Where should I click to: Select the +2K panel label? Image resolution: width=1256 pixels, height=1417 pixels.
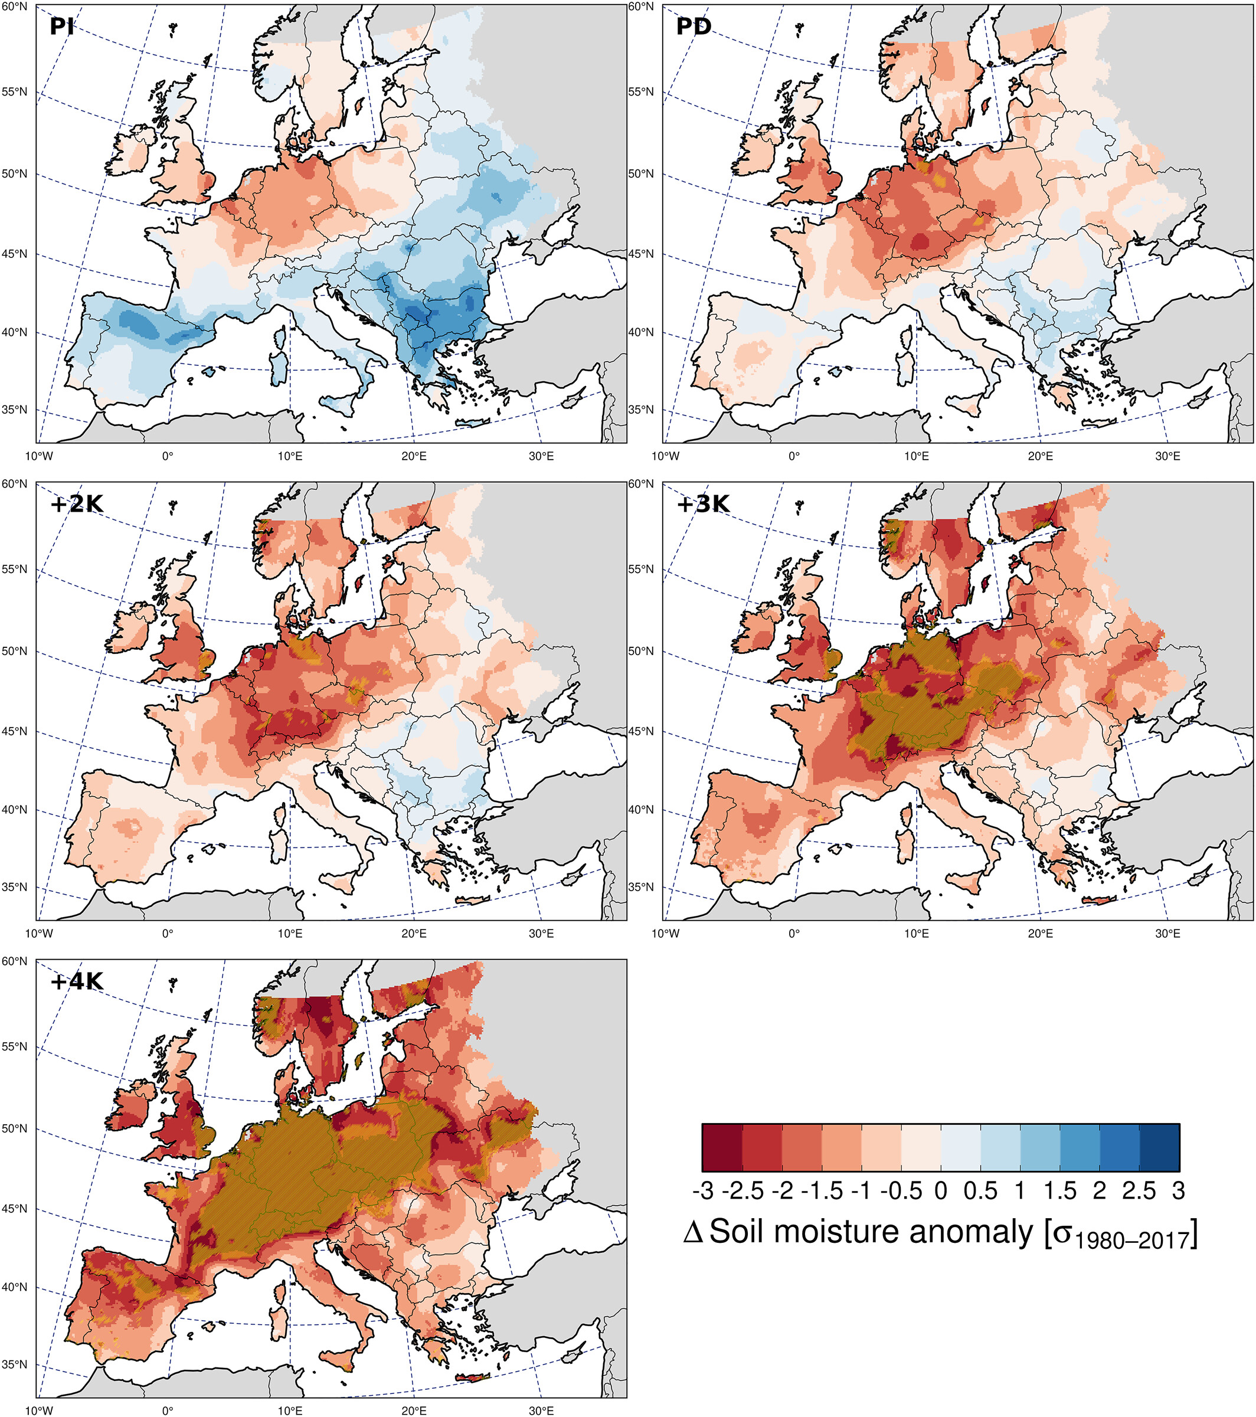(76, 504)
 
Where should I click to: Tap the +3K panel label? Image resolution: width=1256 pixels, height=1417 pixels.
(703, 504)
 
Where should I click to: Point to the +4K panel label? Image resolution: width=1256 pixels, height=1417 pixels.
(76, 981)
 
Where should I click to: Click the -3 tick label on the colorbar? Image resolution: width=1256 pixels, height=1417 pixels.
(703, 1191)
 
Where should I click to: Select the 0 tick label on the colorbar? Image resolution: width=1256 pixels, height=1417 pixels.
(941, 1191)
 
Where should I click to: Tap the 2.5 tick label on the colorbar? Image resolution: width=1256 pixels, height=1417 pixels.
(1140, 1191)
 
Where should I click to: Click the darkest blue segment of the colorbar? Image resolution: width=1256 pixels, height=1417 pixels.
(1160, 1148)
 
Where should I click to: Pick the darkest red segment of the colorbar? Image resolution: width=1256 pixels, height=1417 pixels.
(722, 1148)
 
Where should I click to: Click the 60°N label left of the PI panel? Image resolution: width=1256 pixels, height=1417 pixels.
(14, 7)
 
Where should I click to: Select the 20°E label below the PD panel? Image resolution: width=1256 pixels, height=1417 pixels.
(1041, 456)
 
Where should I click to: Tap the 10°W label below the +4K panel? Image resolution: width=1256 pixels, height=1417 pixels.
(39, 1411)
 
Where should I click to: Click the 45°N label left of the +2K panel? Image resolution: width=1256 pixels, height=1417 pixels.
(14, 731)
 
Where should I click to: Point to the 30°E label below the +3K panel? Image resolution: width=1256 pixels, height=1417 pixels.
(1168, 933)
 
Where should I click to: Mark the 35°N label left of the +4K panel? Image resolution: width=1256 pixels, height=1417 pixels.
(14, 1364)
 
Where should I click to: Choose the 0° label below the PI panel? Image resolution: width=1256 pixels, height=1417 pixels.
(168, 456)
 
